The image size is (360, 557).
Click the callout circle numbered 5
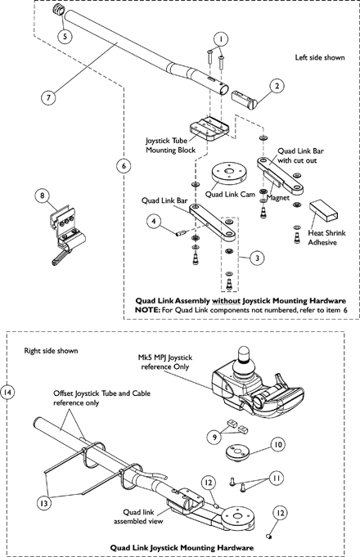tap(65, 35)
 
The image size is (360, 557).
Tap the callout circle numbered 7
tap(48, 97)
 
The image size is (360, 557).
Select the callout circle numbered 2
tap(277, 86)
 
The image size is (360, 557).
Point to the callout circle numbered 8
tap(43, 195)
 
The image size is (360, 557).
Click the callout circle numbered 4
tap(154, 222)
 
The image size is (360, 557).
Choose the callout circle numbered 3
tap(257, 258)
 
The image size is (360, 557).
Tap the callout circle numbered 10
tap(278, 444)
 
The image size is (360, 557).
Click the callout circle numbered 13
tap(44, 503)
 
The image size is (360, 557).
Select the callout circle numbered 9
tap(214, 437)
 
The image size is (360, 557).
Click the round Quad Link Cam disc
tap(228, 173)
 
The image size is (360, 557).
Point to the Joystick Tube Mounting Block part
tap(209, 130)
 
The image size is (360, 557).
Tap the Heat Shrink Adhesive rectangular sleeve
tap(323, 211)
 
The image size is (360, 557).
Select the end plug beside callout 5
tap(58, 10)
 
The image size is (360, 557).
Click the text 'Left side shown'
tap(320, 57)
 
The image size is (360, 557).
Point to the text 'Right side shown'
tap(51, 351)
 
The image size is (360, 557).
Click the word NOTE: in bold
tap(147, 310)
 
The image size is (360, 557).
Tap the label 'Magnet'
tap(277, 197)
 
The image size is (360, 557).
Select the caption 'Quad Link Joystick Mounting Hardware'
tap(182, 547)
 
